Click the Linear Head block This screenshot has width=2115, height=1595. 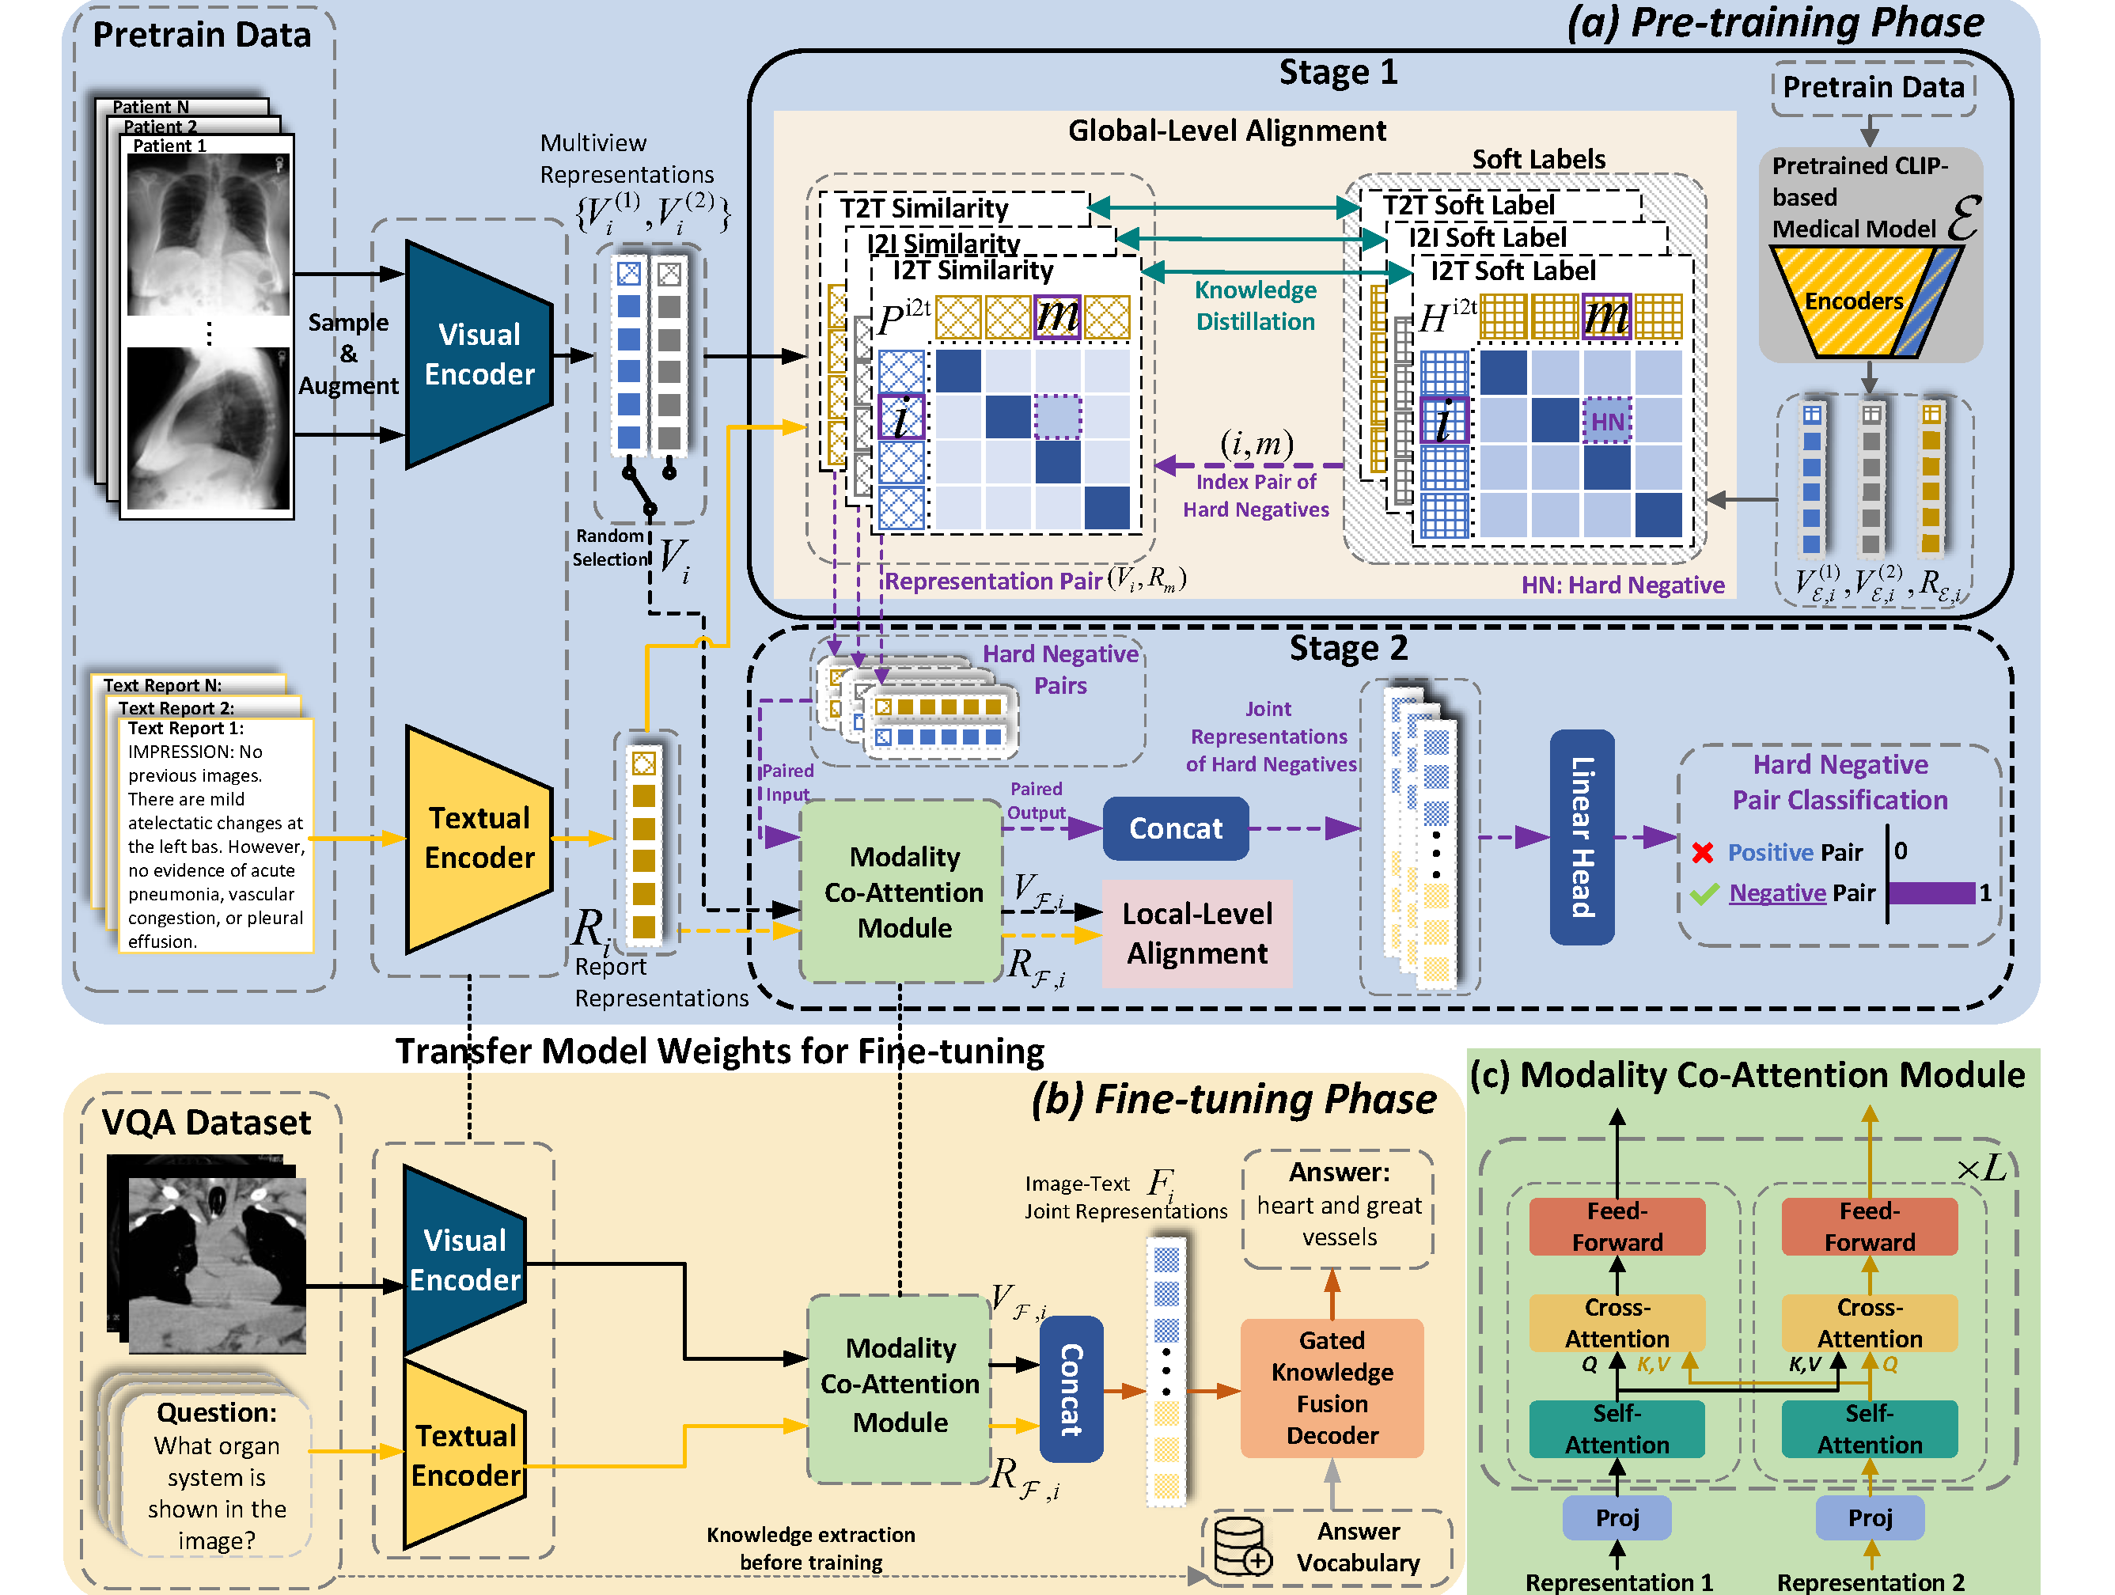click(x=1582, y=838)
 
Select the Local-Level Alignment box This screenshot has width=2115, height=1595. click(x=1196, y=934)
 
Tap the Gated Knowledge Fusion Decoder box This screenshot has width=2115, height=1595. click(x=1331, y=1388)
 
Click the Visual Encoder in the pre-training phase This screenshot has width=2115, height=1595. click(x=478, y=354)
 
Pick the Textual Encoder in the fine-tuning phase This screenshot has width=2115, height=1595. click(x=464, y=1454)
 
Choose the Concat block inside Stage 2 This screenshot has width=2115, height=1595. click(x=1175, y=828)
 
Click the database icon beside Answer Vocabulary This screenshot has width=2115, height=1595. click(x=1241, y=1545)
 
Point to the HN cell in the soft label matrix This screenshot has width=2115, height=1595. click(x=1607, y=422)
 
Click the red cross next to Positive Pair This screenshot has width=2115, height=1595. click(x=1702, y=852)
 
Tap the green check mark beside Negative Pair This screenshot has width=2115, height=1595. click(x=1704, y=894)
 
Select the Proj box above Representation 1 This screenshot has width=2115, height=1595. click(x=1617, y=1517)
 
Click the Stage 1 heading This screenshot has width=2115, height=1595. click(x=1338, y=73)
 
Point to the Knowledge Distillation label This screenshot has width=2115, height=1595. click(x=1256, y=306)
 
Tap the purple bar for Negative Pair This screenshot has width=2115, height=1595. click(x=1931, y=893)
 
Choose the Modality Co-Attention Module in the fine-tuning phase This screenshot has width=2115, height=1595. click(x=900, y=1385)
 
